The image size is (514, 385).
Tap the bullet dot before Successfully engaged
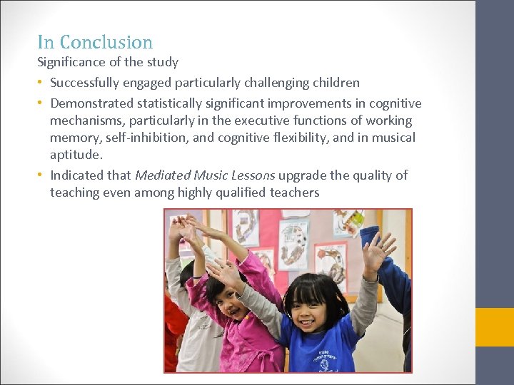(41, 83)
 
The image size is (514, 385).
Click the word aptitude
(76, 155)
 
